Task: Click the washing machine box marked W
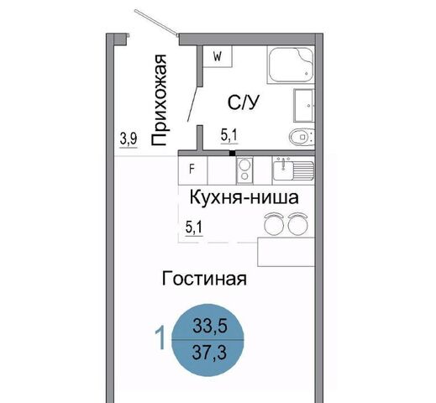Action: (218, 56)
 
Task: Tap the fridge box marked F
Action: (192, 170)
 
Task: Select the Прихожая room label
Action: (159, 100)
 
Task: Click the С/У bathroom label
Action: (244, 102)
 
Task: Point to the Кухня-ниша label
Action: (244, 197)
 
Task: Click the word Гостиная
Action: (204, 279)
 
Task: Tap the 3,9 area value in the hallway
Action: (129, 139)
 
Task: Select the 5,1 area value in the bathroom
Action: (229, 136)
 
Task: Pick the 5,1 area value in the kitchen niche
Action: (194, 228)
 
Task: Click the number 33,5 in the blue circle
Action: (209, 327)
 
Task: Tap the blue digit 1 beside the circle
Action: (161, 339)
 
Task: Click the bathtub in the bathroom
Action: (291, 65)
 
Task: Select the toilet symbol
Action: (302, 137)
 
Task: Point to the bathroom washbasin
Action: (304, 105)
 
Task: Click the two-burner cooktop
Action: (244, 170)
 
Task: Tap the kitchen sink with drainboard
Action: (293, 169)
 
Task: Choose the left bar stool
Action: (274, 224)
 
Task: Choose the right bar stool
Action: (298, 224)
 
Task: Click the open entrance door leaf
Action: (156, 23)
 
